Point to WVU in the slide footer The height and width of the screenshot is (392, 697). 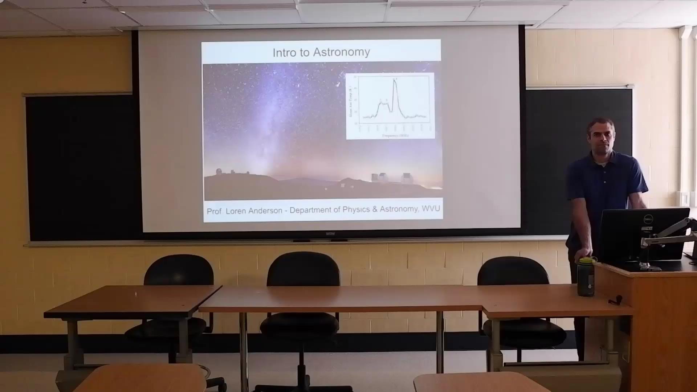click(x=431, y=209)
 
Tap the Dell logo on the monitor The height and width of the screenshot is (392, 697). click(x=648, y=219)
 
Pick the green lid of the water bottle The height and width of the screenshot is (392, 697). click(x=586, y=260)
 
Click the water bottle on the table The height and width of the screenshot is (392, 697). click(x=586, y=278)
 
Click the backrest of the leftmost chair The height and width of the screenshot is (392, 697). click(x=179, y=270)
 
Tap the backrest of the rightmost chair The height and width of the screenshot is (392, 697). click(x=513, y=271)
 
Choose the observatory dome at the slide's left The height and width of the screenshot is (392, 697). click(x=219, y=171)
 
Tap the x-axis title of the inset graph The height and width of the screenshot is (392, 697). click(x=395, y=135)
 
